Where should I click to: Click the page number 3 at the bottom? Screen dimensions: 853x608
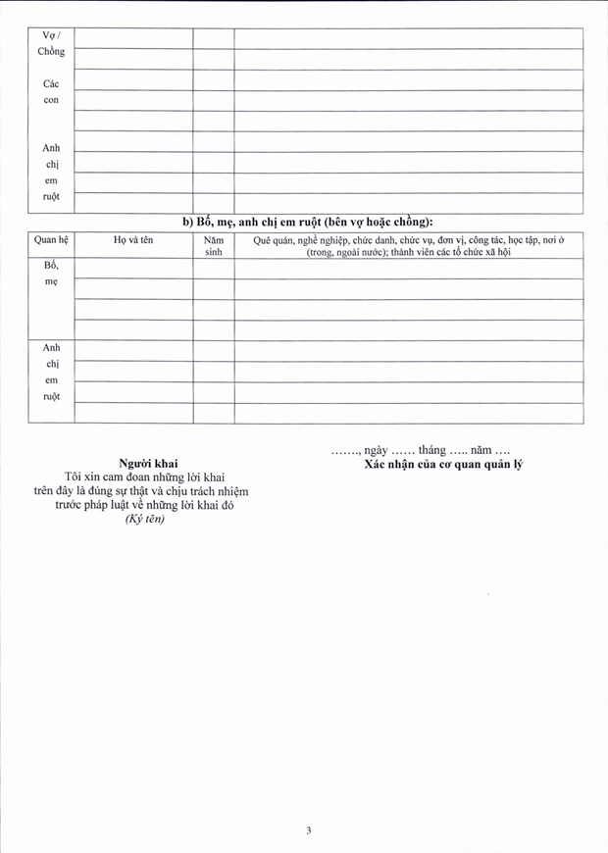coord(308,830)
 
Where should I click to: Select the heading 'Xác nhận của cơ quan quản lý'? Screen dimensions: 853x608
coord(443,464)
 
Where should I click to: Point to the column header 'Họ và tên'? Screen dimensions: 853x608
coord(133,240)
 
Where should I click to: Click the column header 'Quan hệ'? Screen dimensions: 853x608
coord(51,240)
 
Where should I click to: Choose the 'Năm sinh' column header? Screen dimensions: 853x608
coord(213,246)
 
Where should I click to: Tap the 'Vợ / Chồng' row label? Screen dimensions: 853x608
coord(51,43)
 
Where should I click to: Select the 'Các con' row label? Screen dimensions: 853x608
coord(51,92)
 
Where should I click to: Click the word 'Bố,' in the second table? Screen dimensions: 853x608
coord(51,266)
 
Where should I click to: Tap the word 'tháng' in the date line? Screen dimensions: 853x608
coord(431,450)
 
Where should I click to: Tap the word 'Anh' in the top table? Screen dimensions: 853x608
coord(51,148)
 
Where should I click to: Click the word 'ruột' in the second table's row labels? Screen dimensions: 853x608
coord(51,396)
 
